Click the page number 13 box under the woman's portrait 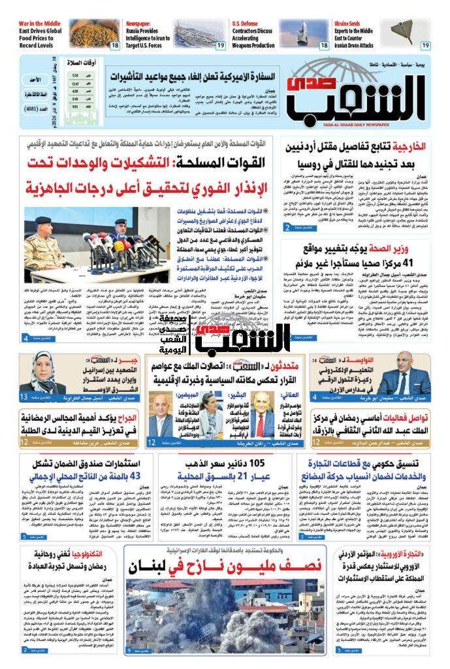click(23, 397)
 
